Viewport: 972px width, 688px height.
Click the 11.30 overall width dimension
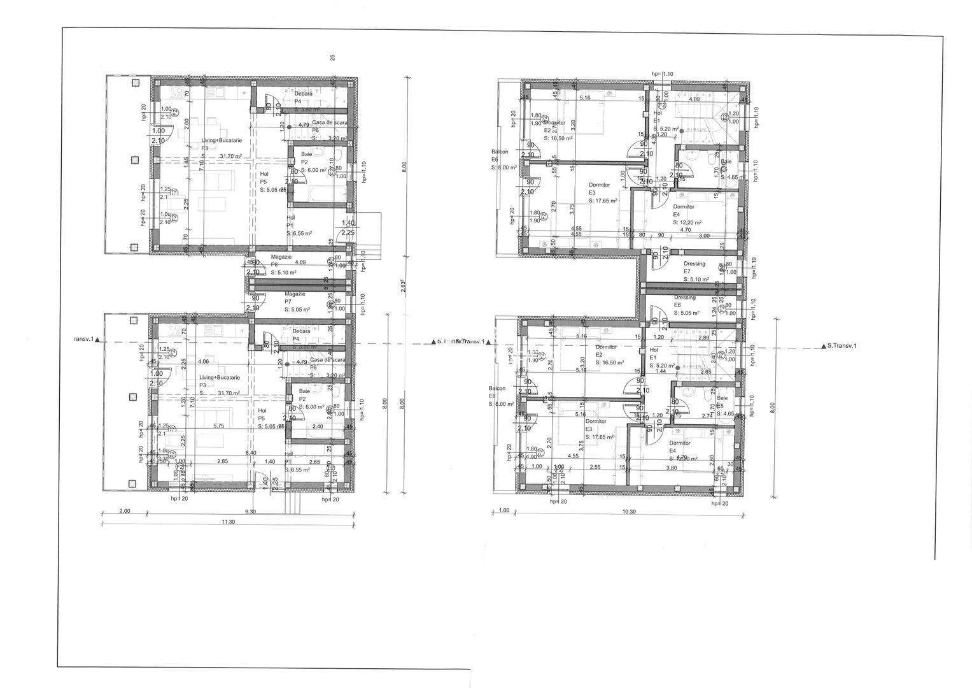point(228,522)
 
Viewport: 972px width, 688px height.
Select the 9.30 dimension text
point(250,512)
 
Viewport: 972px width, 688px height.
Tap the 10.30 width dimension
point(629,511)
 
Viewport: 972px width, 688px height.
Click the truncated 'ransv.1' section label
point(83,340)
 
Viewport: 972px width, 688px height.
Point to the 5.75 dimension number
point(219,426)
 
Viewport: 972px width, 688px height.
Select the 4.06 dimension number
point(204,362)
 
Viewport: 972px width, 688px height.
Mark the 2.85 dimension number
point(222,461)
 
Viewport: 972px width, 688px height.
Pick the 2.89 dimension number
point(703,337)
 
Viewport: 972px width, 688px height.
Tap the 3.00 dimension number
point(704,236)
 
